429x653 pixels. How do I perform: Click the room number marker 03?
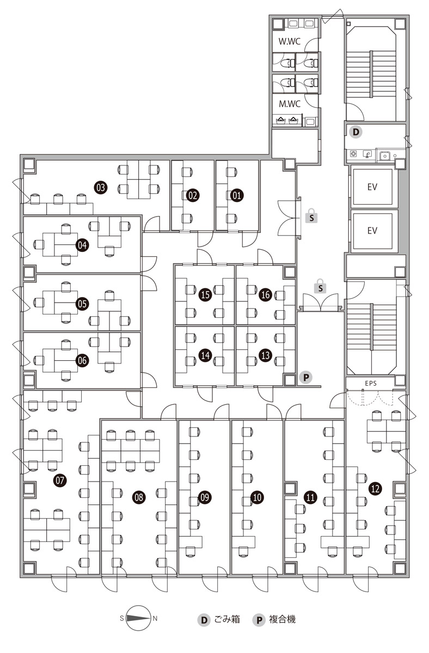(x=100, y=188)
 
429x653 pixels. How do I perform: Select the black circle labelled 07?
(x=60, y=480)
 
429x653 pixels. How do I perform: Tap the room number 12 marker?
(x=375, y=488)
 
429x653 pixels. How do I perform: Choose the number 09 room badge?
(x=205, y=496)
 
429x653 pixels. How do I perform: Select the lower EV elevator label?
(x=372, y=230)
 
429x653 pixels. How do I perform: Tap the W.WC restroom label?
(x=290, y=41)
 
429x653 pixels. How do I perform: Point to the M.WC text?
(x=290, y=103)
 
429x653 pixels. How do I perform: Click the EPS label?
(x=371, y=383)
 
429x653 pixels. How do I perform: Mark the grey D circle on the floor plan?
(x=354, y=131)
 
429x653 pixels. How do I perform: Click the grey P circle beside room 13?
(x=306, y=377)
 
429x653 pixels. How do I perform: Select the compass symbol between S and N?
(x=138, y=618)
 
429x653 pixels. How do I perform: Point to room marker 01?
(x=236, y=194)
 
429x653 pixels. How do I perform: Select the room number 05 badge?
(x=82, y=304)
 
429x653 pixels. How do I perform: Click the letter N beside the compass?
(x=155, y=618)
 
